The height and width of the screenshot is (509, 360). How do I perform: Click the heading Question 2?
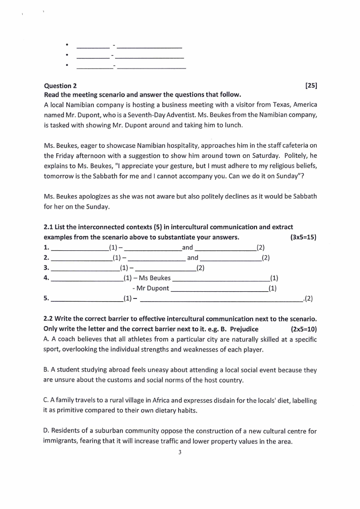pyautogui.click(x=60, y=86)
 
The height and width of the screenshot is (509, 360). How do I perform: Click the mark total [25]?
pyautogui.click(x=311, y=85)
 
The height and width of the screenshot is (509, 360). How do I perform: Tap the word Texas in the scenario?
pyautogui.click(x=271, y=104)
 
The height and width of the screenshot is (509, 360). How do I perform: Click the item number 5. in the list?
pyautogui.click(x=46, y=299)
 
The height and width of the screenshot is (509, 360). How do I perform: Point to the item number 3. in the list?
pyautogui.click(x=46, y=268)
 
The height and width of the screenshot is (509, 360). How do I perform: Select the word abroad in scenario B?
pyautogui.click(x=108, y=370)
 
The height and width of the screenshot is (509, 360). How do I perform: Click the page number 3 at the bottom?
pyautogui.click(x=180, y=452)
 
